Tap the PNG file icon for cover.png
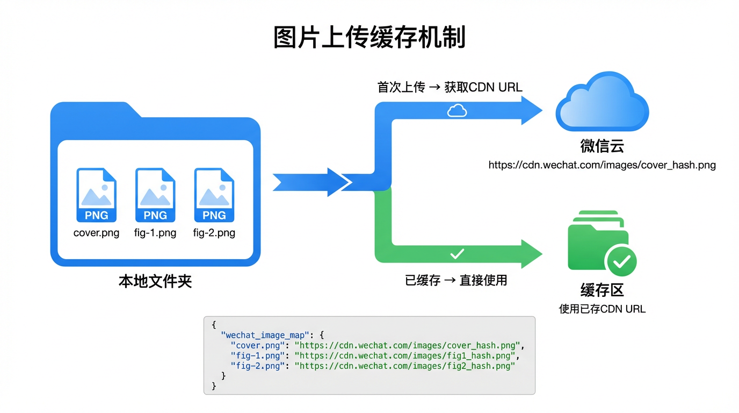pyautogui.click(x=96, y=195)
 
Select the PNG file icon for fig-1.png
pyautogui.click(x=155, y=195)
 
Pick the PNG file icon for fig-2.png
pyautogui.click(x=214, y=195)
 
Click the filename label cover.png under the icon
pyautogui.click(x=96, y=233)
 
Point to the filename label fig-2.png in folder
pyautogui.click(x=214, y=233)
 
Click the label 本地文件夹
pyautogui.click(x=155, y=281)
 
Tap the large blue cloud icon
pyautogui.click(x=602, y=102)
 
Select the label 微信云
pyautogui.click(x=602, y=146)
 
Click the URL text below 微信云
pyautogui.click(x=602, y=165)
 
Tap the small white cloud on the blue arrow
pyautogui.click(x=457, y=111)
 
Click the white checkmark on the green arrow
pyautogui.click(x=457, y=253)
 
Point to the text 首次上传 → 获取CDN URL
pyautogui.click(x=450, y=87)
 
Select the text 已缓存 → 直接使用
pyautogui.click(x=456, y=280)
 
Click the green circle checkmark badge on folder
pyautogui.click(x=621, y=262)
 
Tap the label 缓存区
pyautogui.click(x=602, y=290)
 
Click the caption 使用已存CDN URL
pyautogui.click(x=602, y=309)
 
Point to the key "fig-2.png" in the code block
pyautogui.click(x=256, y=366)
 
